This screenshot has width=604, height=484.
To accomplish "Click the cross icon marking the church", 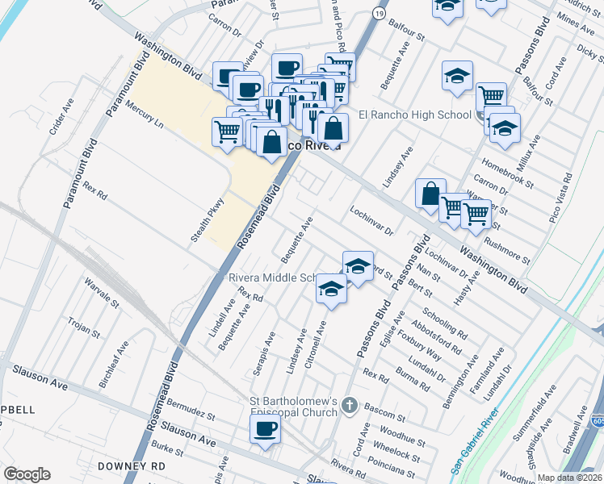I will tap(349, 404).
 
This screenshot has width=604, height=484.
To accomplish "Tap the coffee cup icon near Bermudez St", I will tap(264, 429).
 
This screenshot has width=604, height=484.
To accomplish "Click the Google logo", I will tap(27, 474).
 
